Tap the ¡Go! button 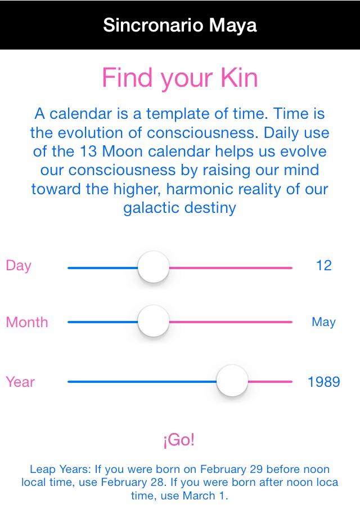coord(179,440)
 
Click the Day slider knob coord(154,267)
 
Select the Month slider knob coord(154,321)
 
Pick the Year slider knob coord(232,381)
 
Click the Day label coord(19,266)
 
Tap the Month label coord(27,322)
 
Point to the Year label coord(20,382)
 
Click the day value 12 coord(323,265)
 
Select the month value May coord(323,321)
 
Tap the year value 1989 coord(323,382)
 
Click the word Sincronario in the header coord(153,25)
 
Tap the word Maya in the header coord(233,26)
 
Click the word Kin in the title coord(239,78)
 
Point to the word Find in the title coord(127,78)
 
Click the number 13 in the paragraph coord(88,151)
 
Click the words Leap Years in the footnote coord(60,469)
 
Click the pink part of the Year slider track coord(270,382)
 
